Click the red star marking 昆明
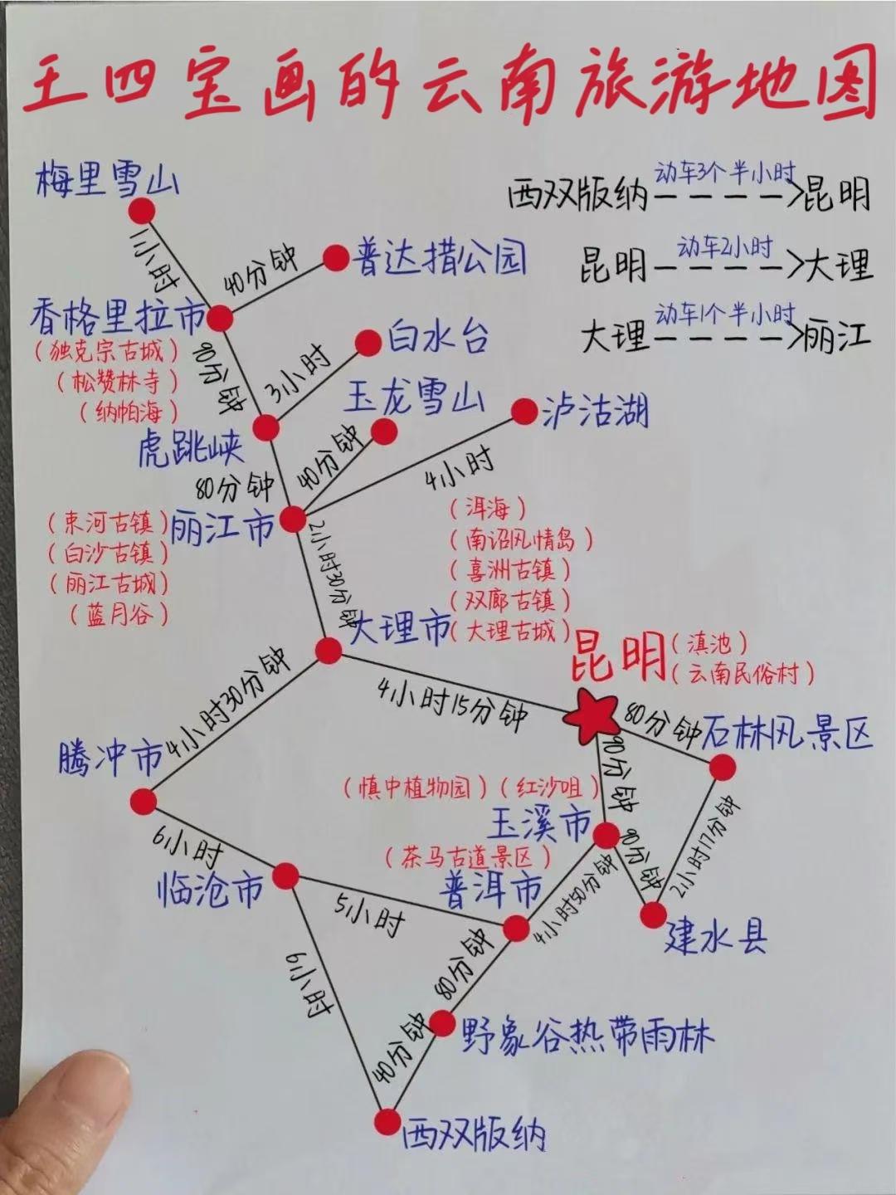pyautogui.click(x=591, y=715)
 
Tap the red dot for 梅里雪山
pyautogui.click(x=142, y=210)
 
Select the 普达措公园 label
pyautogui.click(x=440, y=257)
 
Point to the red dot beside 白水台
pyautogui.click(x=368, y=343)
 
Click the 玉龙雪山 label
pyautogui.click(x=414, y=398)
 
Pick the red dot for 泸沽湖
pyautogui.click(x=524, y=412)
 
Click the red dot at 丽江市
pyautogui.click(x=293, y=519)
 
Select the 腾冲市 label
pyautogui.click(x=111, y=758)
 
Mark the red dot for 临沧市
pyautogui.click(x=285, y=875)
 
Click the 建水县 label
pyautogui.click(x=715, y=936)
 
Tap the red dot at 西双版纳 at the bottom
pyautogui.click(x=386, y=1122)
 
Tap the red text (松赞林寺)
pyautogui.click(x=119, y=382)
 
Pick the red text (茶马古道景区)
pyautogui.click(x=470, y=856)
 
